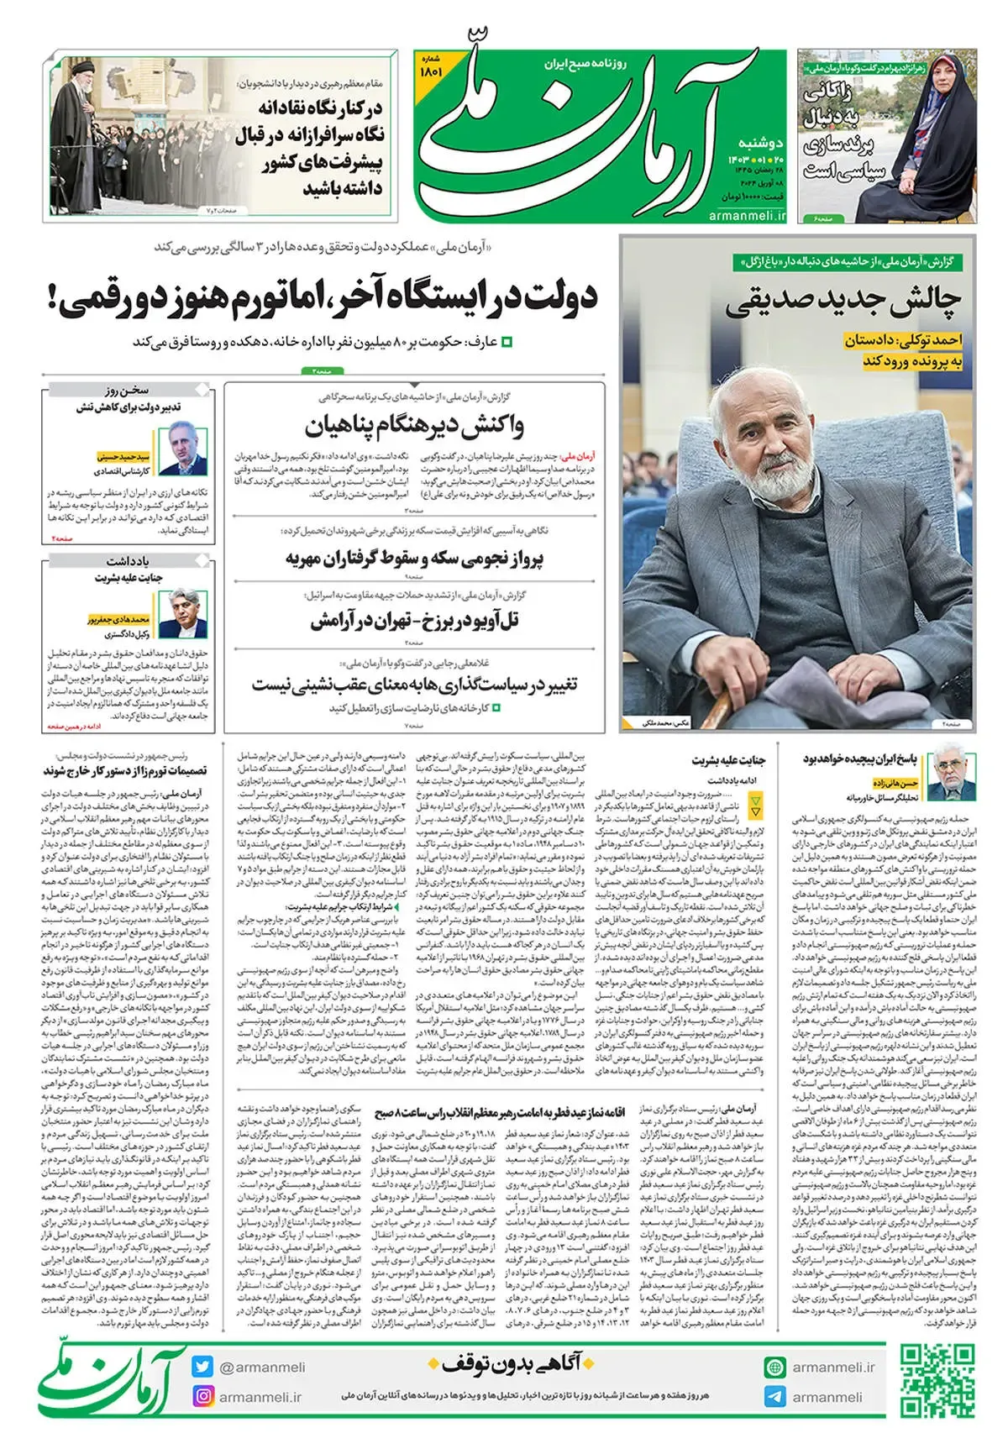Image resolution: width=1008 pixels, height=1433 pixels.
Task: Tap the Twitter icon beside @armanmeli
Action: [x=202, y=1367]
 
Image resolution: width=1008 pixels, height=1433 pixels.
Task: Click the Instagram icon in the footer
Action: [x=202, y=1397]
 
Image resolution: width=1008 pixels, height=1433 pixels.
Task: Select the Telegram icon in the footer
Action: [x=774, y=1397]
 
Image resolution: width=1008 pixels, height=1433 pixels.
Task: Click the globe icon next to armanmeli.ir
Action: [x=774, y=1367]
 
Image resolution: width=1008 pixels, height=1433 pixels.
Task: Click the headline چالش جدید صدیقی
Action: [x=843, y=301]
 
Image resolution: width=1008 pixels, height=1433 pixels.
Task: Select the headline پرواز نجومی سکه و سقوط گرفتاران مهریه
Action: [x=414, y=559]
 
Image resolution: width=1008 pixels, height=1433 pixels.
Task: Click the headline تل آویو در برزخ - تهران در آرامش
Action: [x=414, y=622]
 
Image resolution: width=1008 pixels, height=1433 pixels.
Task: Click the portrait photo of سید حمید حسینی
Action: [x=182, y=450]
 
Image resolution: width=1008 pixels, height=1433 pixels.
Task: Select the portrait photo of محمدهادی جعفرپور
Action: [x=182, y=614]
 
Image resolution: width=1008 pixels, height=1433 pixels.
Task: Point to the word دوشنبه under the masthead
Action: [x=761, y=143]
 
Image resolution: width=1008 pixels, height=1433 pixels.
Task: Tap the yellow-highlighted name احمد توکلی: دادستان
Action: [x=904, y=340]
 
